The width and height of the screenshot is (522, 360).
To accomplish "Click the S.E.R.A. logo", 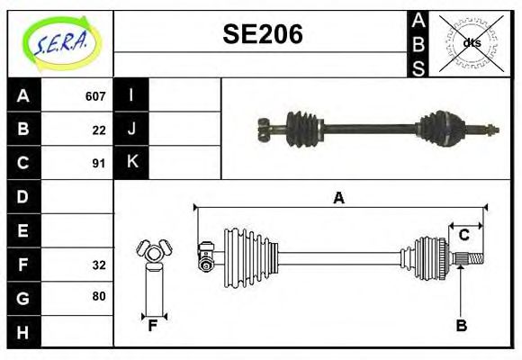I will pos(60,42).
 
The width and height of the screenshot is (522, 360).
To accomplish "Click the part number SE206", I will pos(262,35).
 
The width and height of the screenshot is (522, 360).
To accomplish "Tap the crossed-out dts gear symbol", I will pos(471,42).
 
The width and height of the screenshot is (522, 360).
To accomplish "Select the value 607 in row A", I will pos(95,95).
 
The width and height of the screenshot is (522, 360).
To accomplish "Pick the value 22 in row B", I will pos(99,130).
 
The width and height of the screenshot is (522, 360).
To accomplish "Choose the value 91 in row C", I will pos(99,164).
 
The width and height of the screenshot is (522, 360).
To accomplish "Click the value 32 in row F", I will pos(99,265).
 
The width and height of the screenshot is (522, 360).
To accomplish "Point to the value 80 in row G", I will pos(99,296).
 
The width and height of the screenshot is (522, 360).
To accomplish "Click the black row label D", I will pos(23,196).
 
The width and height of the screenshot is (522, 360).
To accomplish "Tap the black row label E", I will pos(23,230).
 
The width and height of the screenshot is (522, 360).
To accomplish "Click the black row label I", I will pos(131,95).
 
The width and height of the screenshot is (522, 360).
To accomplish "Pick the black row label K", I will pos(131,163).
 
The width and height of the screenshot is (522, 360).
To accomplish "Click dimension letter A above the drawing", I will pos(338,197).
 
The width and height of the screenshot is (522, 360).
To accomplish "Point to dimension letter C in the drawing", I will pos(464,235).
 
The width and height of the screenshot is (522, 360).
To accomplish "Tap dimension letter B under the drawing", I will pos(461,326).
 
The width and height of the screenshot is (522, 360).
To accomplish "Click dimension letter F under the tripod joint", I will pos(152,326).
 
